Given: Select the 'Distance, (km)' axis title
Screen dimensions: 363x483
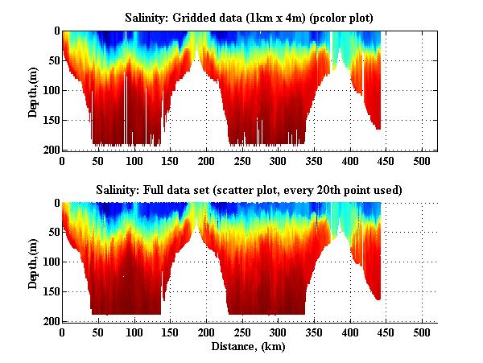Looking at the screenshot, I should (250, 347).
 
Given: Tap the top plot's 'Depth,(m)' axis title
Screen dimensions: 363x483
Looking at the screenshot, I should (33, 90).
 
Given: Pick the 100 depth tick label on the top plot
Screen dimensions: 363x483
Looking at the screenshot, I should (50, 90).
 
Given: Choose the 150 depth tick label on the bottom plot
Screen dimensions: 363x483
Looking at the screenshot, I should (50, 291).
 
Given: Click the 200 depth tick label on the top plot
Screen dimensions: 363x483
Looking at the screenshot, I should (50, 150).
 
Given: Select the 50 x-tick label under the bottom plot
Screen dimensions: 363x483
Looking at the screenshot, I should (98, 332).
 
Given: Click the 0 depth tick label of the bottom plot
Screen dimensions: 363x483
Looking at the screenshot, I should (56, 203).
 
